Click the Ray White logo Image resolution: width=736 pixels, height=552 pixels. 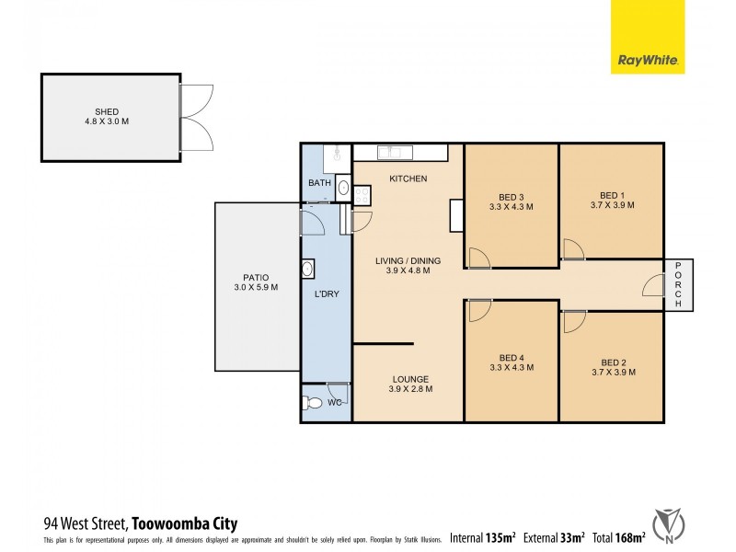coord(648,63)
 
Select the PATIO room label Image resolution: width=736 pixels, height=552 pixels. coord(258,277)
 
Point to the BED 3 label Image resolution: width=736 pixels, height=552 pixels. coord(512,197)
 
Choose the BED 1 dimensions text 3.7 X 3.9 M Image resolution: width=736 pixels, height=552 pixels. coord(612,206)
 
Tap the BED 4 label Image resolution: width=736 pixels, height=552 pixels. coord(512,358)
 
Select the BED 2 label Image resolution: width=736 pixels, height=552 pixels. coord(612,362)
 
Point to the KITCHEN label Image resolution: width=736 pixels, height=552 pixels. coord(408,178)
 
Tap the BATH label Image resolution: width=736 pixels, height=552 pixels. coord(319,183)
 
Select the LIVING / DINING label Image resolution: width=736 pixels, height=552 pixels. coord(408,260)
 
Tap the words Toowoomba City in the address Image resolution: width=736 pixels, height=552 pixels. coord(185,524)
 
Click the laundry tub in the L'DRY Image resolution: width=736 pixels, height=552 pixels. coord(308,269)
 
